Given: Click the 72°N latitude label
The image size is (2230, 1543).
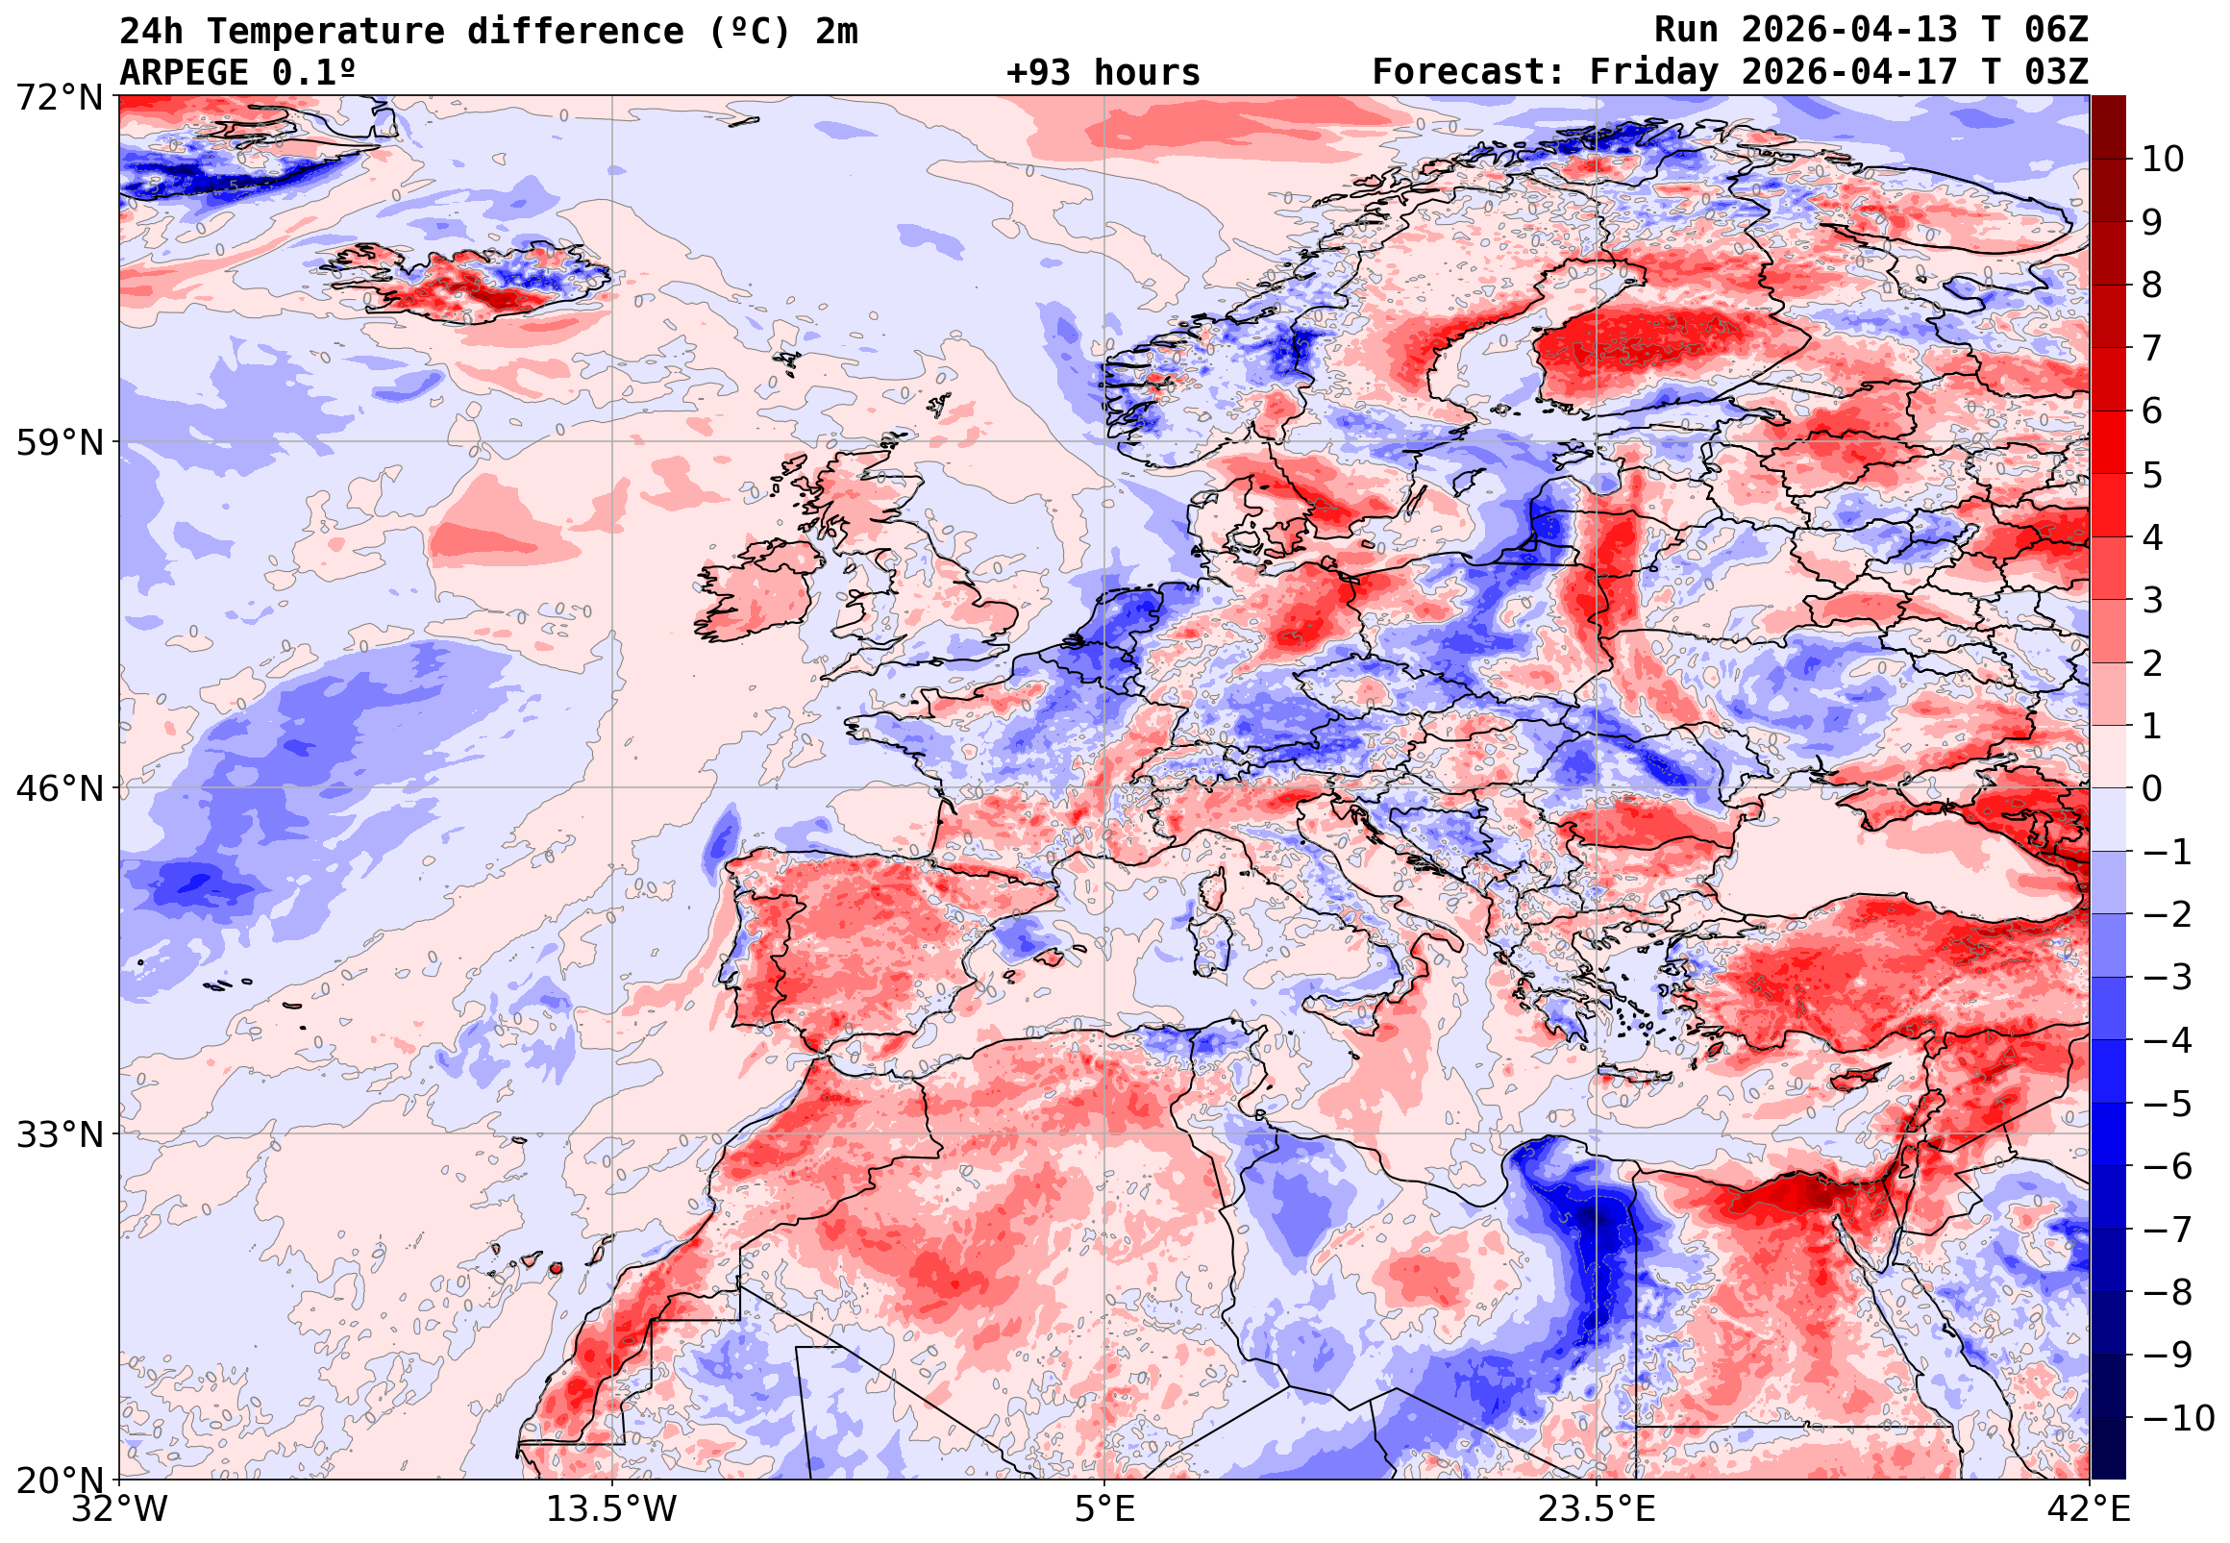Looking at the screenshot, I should click(x=59, y=98).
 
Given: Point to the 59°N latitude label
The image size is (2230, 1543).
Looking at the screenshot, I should click(x=59, y=443).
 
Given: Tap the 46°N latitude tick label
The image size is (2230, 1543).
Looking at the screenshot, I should click(x=59, y=788).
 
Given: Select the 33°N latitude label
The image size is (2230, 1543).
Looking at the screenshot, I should click(x=59, y=1133).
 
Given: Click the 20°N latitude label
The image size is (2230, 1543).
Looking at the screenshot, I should click(x=59, y=1480).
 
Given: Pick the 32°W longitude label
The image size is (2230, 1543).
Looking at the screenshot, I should click(x=119, y=1508).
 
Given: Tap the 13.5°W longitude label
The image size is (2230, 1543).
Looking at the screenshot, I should click(x=612, y=1508).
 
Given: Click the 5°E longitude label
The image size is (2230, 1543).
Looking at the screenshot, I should click(x=1104, y=1508).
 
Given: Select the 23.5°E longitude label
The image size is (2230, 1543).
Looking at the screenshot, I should click(x=1597, y=1508).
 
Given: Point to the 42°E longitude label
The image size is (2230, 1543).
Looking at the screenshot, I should click(x=2091, y=1508).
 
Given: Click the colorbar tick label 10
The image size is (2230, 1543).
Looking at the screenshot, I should click(x=2164, y=160).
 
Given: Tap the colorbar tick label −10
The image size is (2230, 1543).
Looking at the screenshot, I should click(x=2179, y=1418).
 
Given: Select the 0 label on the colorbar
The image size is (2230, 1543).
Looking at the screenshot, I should click(x=2152, y=789).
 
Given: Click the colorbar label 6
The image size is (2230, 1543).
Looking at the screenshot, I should click(x=2152, y=411).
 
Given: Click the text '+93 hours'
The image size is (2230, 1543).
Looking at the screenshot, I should click(x=1103, y=73).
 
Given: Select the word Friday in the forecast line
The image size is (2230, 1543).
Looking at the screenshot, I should click(x=1654, y=72).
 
